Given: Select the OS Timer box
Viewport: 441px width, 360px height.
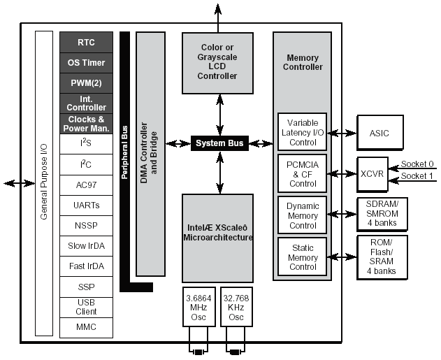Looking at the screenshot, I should click(86, 62).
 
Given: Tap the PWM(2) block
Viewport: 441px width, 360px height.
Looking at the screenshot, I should click(86, 83).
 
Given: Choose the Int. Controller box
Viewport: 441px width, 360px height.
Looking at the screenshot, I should click(86, 103).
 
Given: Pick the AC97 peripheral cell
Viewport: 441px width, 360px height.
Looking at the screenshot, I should click(86, 185).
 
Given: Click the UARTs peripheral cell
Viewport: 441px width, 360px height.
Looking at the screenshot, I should click(86, 206).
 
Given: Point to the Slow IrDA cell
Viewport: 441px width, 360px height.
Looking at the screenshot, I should click(86, 247).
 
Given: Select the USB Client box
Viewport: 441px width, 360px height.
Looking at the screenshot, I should click(86, 307).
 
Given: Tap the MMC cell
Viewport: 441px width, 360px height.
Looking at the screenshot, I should click(86, 326).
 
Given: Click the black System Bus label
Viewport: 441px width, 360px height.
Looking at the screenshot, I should click(219, 143).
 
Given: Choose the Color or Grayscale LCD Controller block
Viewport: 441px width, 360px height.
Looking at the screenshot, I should click(218, 62).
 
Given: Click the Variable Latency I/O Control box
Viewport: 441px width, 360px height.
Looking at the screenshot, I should click(303, 132).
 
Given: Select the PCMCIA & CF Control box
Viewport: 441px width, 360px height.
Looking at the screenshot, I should click(303, 174).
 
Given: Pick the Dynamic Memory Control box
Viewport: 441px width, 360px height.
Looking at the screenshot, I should click(303, 216).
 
